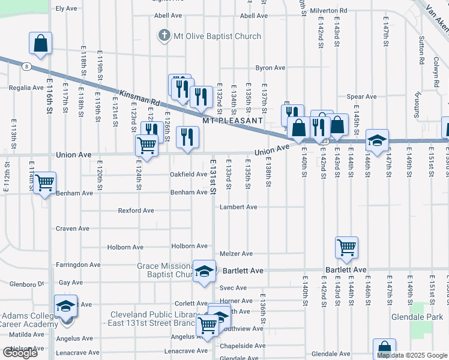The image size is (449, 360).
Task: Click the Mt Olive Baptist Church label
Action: coord(217,36)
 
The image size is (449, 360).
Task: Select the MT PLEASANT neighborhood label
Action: coord(232,121)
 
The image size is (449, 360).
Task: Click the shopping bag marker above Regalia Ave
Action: coord(40,44)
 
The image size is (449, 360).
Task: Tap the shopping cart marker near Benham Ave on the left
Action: coord(45,183)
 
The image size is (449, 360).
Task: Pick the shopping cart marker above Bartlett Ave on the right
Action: coord(347,248)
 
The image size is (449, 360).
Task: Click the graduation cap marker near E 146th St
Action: coord(378,141)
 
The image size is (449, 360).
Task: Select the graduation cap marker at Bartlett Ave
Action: coord(204,271)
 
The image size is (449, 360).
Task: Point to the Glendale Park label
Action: coord(417,317)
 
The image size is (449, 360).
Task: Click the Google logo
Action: coord(20,353)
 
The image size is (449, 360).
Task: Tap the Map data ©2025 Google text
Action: coord(411,355)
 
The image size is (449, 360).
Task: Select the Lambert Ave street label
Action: coord(238,207)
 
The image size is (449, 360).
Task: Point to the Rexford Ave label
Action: coord(136,211)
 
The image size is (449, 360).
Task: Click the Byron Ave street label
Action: coord(270,68)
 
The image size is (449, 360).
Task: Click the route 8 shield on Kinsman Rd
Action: coord(27,67)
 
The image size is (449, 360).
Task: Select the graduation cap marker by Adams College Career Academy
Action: coord(65,307)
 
